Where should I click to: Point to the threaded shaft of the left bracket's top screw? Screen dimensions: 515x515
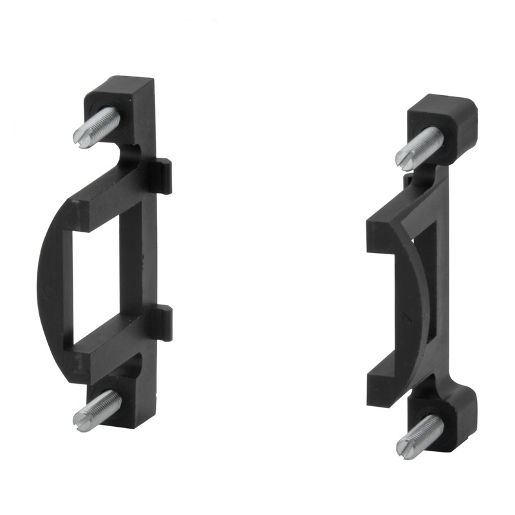click(x=103, y=122)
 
